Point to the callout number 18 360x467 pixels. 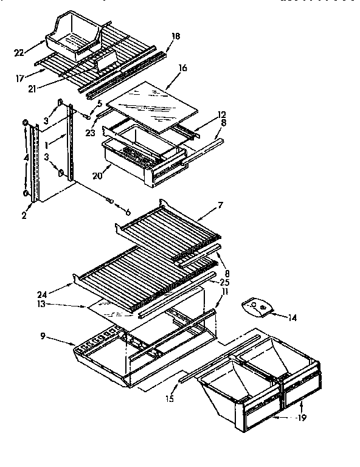point(175,37)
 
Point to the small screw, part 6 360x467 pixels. point(111,200)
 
